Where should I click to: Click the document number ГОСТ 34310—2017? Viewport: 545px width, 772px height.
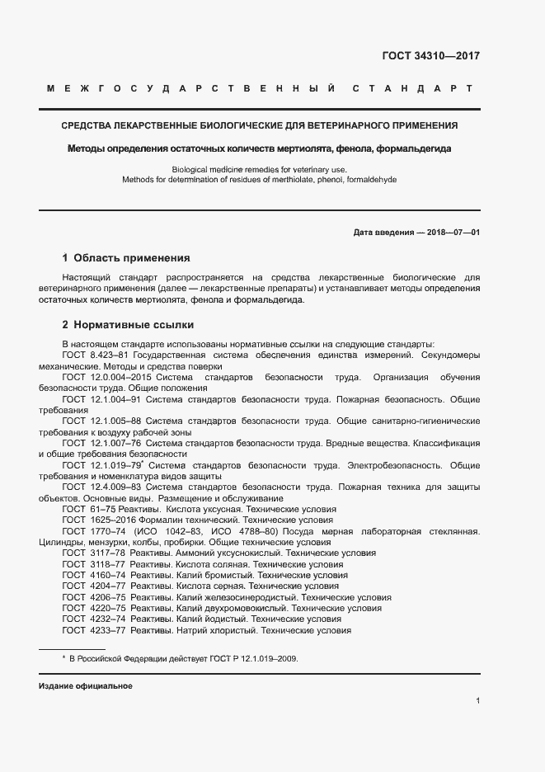pos(431,57)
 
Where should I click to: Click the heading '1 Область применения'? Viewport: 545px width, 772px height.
pos(126,257)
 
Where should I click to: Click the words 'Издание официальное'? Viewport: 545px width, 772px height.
pos(86,686)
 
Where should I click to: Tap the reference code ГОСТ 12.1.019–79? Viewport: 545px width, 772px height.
pos(96,466)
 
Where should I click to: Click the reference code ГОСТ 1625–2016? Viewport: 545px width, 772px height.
pos(92,520)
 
